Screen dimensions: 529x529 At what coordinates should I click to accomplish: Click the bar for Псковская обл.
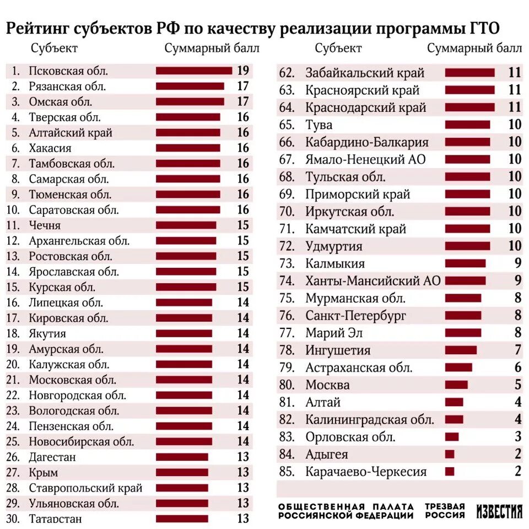(193, 71)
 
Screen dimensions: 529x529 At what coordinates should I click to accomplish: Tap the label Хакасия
(50, 148)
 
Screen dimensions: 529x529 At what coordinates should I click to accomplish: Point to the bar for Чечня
(186, 225)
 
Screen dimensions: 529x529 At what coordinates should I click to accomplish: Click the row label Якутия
(47, 333)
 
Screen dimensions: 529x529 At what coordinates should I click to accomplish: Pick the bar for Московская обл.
(184, 380)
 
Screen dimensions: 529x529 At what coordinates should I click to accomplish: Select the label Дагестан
(52, 457)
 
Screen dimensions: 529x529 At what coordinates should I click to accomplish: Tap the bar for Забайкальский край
(469, 73)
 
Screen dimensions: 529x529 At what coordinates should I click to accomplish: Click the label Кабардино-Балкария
(367, 142)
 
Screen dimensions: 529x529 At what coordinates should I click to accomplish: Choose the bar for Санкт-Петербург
(463, 316)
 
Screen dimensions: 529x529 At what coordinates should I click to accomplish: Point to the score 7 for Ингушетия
(517, 350)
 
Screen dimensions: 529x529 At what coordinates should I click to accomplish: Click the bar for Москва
(456, 385)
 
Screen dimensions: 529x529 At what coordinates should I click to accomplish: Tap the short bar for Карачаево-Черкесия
(450, 472)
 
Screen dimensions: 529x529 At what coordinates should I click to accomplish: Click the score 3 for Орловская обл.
(517, 437)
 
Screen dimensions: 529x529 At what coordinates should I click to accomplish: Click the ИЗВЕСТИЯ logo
(499, 511)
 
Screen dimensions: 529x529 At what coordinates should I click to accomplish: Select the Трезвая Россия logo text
(445, 511)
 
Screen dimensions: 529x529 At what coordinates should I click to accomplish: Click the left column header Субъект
(54, 48)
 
